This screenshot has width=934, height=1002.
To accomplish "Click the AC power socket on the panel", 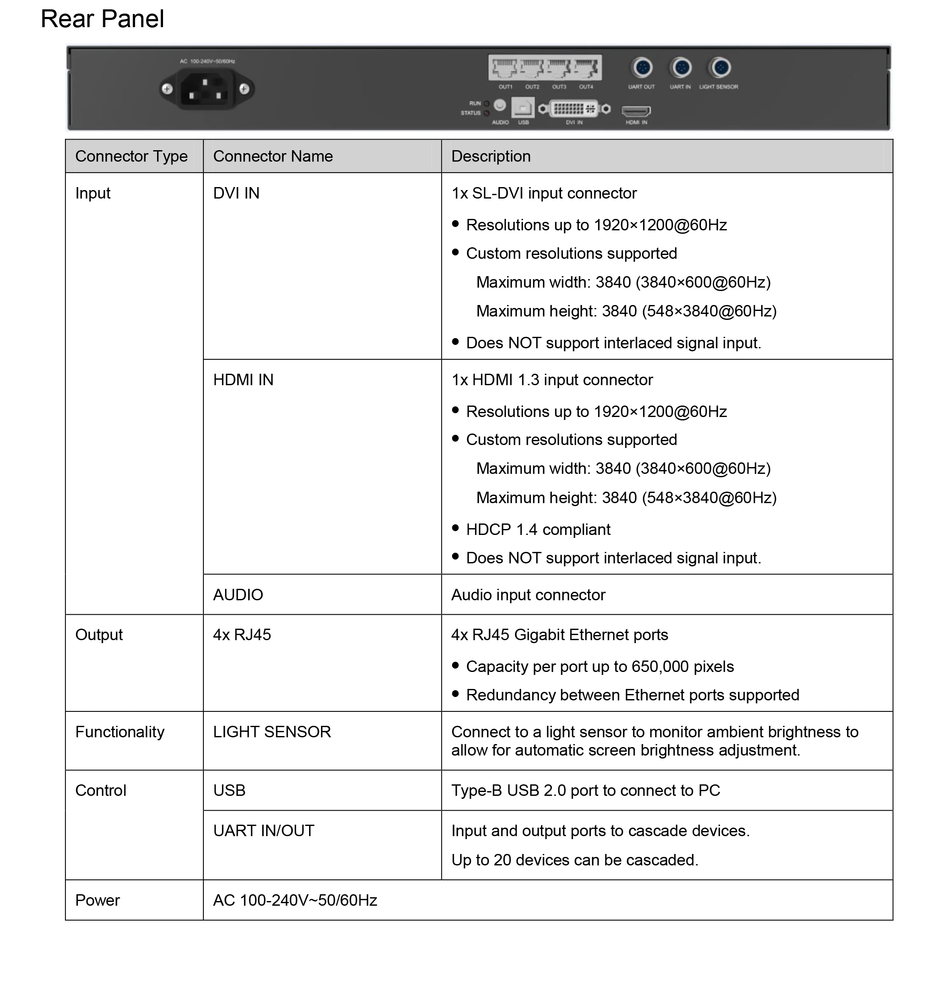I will [206, 89].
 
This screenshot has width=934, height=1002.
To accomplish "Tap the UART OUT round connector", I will [642, 67].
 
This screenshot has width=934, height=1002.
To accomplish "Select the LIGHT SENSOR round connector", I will [720, 67].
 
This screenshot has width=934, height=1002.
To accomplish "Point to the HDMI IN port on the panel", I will [636, 110].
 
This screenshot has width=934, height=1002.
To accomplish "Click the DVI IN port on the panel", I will [574, 108].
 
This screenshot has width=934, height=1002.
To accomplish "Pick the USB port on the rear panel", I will [523, 107].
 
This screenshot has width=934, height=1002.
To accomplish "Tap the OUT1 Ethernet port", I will [505, 68].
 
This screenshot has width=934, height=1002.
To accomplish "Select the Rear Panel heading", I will [102, 19].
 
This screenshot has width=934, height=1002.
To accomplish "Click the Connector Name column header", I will [273, 156].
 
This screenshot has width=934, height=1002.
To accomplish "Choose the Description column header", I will [491, 156].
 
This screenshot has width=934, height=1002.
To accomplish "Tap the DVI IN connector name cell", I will [236, 193].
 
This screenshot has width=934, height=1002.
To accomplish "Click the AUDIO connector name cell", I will [238, 595].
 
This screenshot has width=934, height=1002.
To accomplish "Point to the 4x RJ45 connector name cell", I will [242, 635].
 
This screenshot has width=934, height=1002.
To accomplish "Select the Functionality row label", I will [120, 732].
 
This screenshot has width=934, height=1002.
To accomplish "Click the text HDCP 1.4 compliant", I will [537, 529].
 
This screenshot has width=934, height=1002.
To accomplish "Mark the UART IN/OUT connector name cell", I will [264, 831].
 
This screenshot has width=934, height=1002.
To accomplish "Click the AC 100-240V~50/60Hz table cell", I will [295, 900].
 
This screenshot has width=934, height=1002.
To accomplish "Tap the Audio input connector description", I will [528, 595].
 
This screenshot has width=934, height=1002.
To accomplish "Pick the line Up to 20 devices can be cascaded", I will [574, 860].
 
